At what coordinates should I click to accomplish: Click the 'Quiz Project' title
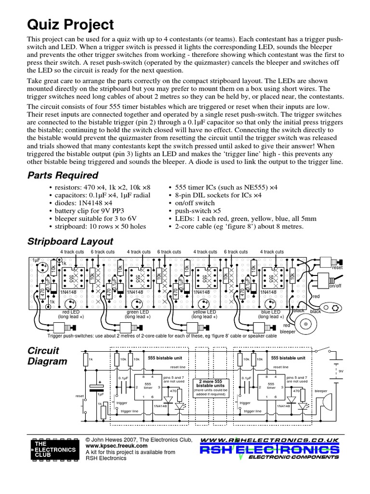pyautogui.click(x=71, y=25)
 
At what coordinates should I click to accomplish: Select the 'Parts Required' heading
pyautogui.click(x=63, y=175)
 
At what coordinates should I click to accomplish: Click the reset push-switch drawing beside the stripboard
pyautogui.click(x=331, y=261)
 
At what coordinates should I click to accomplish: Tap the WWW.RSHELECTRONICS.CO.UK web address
pyautogui.click(x=270, y=440)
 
